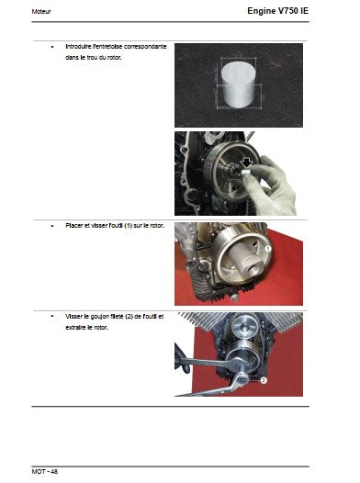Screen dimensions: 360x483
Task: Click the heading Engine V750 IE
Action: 277,11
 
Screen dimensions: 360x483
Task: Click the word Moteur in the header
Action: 41,12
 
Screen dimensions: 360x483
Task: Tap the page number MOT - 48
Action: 45,472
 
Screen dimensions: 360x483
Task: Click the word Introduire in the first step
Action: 79,47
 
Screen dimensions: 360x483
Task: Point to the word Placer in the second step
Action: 73,226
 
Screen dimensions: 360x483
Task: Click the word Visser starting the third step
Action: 73,317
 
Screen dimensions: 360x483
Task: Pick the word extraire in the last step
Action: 75,328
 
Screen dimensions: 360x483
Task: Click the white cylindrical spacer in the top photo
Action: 238,84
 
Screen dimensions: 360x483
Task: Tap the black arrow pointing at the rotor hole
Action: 246,163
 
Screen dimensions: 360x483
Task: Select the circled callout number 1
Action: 268,248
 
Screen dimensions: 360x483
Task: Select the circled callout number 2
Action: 264,380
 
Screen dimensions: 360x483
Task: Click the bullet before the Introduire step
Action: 52,47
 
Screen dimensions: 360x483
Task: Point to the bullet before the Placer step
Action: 52,226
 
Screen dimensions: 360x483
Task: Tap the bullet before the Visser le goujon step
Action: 52,317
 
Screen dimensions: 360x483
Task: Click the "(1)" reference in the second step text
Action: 128,226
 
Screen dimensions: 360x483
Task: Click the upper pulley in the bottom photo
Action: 244,326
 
